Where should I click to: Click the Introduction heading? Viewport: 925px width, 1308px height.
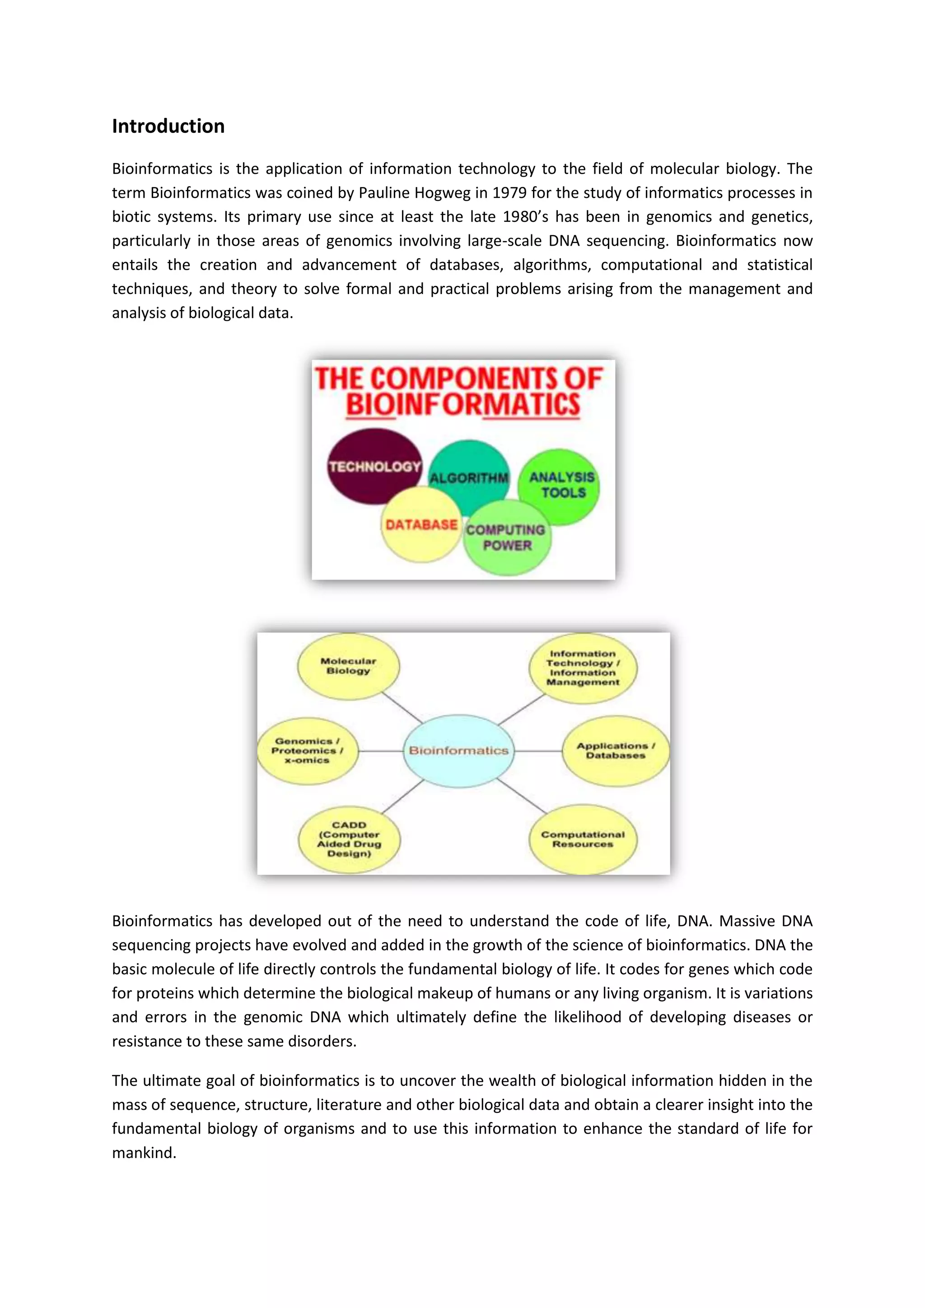pyautogui.click(x=168, y=126)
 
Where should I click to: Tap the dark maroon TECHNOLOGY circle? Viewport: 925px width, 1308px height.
pyautogui.click(x=374, y=467)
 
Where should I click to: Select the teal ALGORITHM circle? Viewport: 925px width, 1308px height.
pyautogui.click(x=469, y=477)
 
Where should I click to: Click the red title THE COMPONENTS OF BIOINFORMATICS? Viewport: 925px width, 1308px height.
pyautogui.click(x=460, y=392)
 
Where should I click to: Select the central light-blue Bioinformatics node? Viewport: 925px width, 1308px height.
pyautogui.click(x=458, y=751)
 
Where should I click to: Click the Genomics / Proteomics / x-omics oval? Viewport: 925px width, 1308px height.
pyautogui.click(x=307, y=751)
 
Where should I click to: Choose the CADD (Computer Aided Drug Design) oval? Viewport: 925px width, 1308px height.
pyautogui.click(x=349, y=839)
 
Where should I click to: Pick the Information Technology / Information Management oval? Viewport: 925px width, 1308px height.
pyautogui.click(x=583, y=668)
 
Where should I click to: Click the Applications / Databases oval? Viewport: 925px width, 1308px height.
pyautogui.click(x=615, y=751)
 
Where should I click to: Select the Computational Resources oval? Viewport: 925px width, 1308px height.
pyautogui.click(x=583, y=839)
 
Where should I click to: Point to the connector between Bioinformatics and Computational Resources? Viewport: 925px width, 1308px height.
pyautogui.click(x=522, y=796)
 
